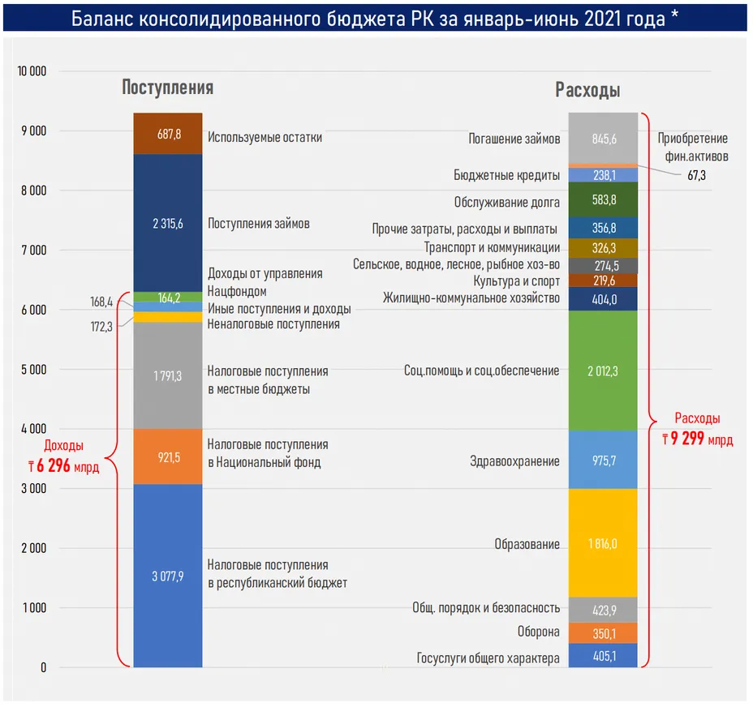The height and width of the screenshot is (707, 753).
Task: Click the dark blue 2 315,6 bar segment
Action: coord(168,223)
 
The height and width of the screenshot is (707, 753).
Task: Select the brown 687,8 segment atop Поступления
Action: coord(168,135)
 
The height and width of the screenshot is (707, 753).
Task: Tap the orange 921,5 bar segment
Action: coord(168,457)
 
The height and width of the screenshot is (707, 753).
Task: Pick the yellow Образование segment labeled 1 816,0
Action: coord(603,543)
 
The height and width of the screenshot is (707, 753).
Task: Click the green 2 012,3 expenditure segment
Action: coord(603,371)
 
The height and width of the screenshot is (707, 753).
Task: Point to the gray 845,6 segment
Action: coord(603,138)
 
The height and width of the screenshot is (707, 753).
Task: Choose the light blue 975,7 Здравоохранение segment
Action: coord(603,461)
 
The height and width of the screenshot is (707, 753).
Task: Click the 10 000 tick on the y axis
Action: coord(32,71)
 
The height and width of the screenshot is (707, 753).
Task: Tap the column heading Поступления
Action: coord(167,88)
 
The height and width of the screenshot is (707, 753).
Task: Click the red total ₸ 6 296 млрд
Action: coord(63,466)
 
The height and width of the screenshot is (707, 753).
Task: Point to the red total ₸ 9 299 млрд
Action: coord(697,439)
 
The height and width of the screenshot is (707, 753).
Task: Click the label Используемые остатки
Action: coord(265,137)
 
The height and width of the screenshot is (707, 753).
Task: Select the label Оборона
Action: coord(538,632)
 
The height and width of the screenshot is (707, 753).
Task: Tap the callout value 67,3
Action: coord(697,174)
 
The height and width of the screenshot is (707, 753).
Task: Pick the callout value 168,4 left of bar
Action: coord(101,302)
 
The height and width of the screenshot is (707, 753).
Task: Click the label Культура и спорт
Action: coord(516,281)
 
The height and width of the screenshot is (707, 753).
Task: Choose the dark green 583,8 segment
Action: coord(603,199)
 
